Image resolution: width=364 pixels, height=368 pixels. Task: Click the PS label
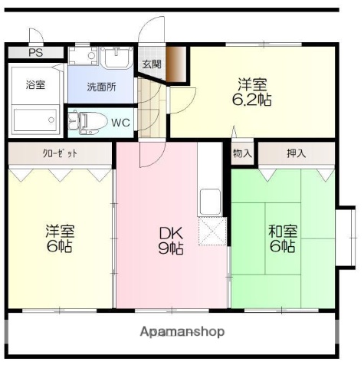click(36, 53)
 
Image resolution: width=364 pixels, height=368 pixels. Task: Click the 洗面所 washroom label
click(100, 87)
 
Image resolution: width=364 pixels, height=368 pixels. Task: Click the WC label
click(120, 123)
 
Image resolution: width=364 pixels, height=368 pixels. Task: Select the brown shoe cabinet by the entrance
click(177, 64)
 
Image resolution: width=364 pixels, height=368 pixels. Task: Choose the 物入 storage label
click(243, 154)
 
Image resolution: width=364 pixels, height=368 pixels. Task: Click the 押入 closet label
click(296, 154)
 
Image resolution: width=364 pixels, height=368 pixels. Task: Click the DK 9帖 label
click(170, 240)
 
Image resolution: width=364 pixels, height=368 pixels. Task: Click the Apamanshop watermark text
click(182, 332)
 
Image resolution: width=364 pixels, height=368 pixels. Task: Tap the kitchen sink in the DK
click(211, 202)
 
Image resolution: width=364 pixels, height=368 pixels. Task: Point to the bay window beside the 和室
click(346, 238)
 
